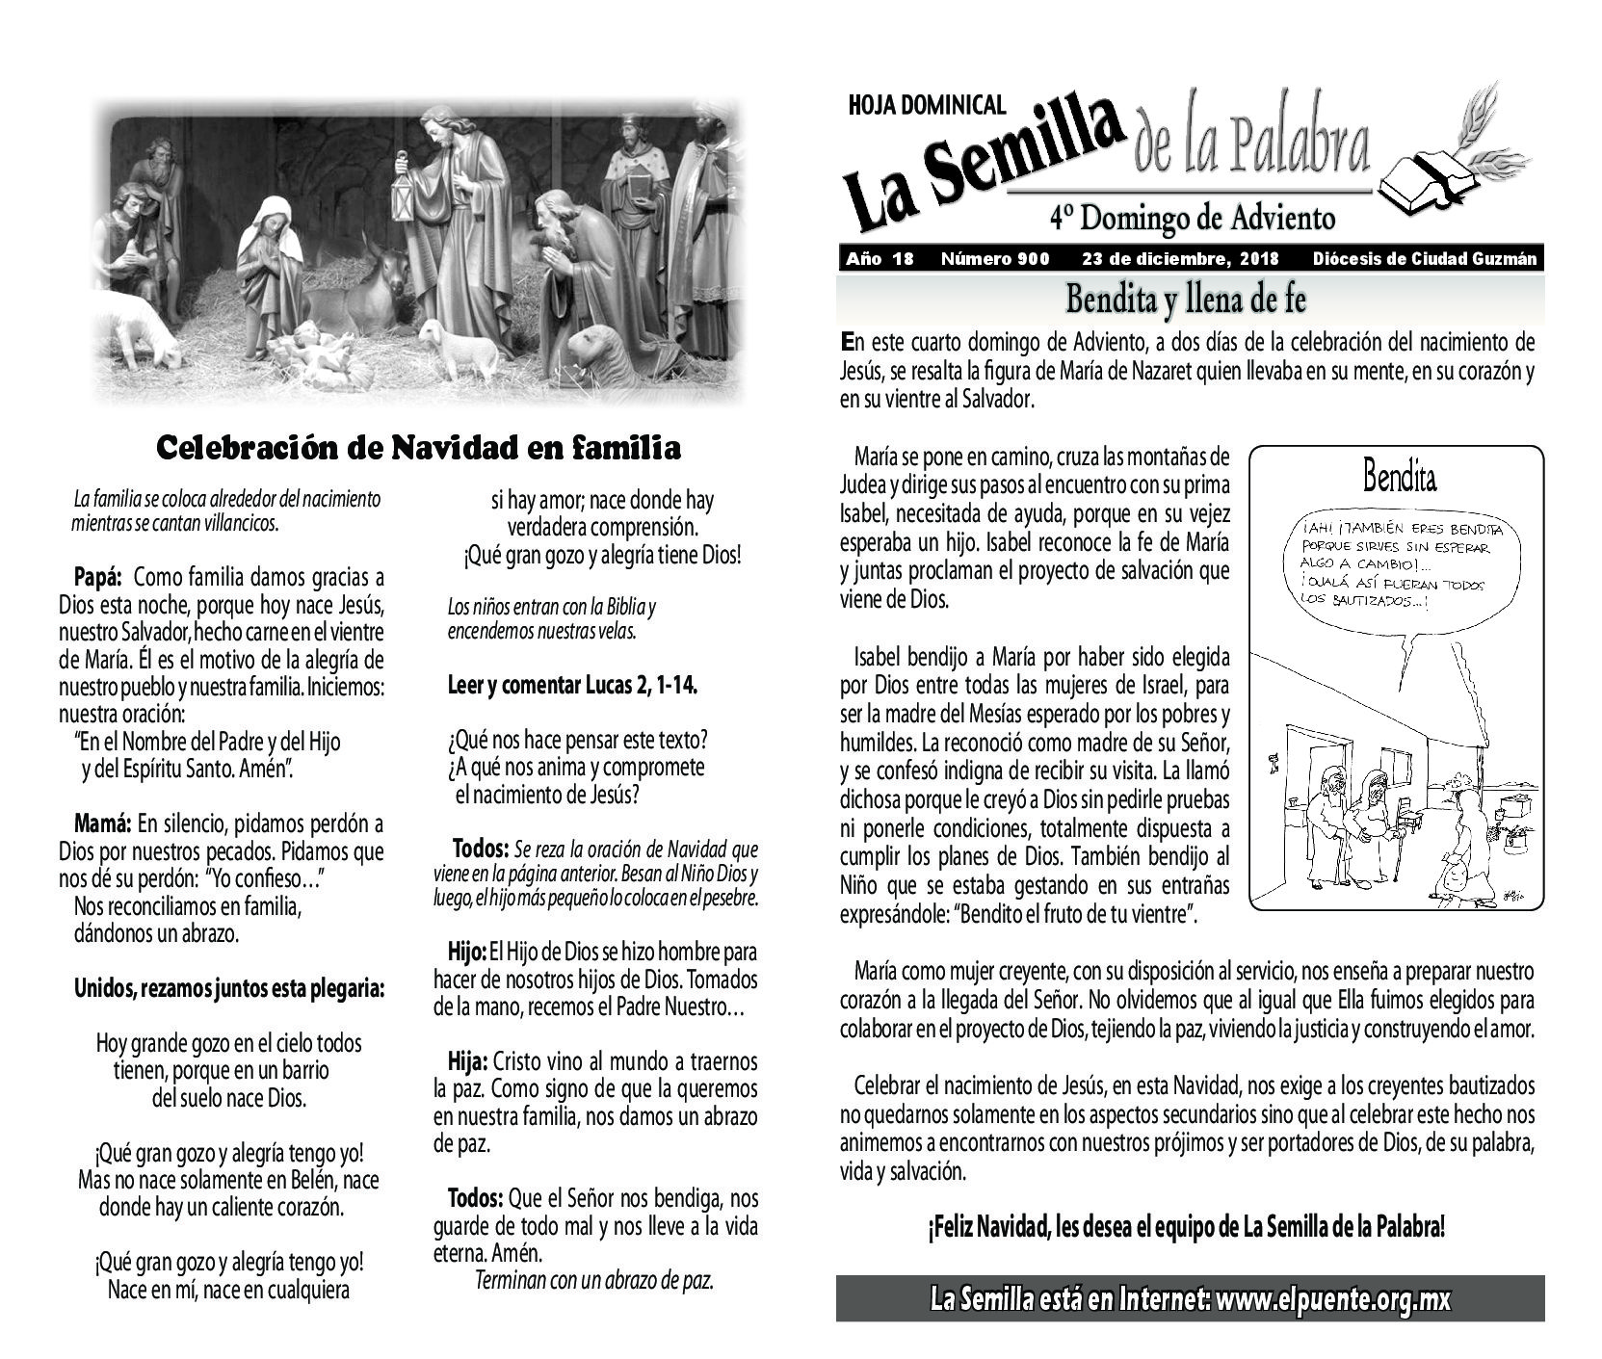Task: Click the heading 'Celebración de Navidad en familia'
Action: coord(418,448)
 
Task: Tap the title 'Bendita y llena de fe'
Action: coord(1186,301)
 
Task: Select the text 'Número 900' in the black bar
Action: coord(995,259)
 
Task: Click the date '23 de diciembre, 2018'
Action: coord(1180,259)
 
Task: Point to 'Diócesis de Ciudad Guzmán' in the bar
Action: coord(1424,259)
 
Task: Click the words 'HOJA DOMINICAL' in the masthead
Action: coord(927,105)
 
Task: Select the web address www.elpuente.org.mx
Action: coord(1333,1299)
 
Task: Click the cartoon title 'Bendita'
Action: coord(1400,476)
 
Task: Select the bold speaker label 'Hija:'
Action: coord(468,1062)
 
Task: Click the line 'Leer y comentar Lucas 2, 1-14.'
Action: coord(573,686)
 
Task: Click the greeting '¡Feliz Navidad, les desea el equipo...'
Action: coord(1187,1227)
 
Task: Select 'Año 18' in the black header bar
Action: coord(879,259)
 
